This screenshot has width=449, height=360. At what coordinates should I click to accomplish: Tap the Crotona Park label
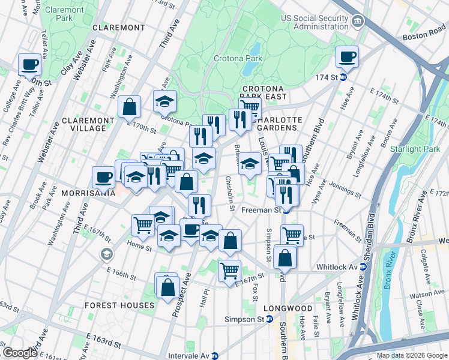pyautogui.click(x=238, y=58)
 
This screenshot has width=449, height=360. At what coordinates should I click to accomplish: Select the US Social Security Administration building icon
pyautogui.click(x=357, y=22)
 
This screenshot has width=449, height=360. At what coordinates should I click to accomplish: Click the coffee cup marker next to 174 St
pyautogui.click(x=347, y=58)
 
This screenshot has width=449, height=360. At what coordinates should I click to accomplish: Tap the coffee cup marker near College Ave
pyautogui.click(x=29, y=64)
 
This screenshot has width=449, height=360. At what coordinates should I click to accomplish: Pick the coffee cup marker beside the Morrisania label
pyautogui.click(x=103, y=177)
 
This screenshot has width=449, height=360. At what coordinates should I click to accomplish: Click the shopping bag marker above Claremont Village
pyautogui.click(x=129, y=107)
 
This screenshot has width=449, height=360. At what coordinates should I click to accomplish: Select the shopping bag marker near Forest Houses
pyautogui.click(x=168, y=287)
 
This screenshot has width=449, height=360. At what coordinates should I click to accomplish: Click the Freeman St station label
pyautogui.click(x=262, y=211)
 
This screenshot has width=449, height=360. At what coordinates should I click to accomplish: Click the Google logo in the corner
pyautogui.click(x=20, y=352)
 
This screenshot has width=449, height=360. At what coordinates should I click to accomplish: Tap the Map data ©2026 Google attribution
pyautogui.click(x=411, y=355)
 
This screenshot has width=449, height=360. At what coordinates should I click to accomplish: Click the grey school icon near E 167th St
pyautogui.click(x=107, y=254)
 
